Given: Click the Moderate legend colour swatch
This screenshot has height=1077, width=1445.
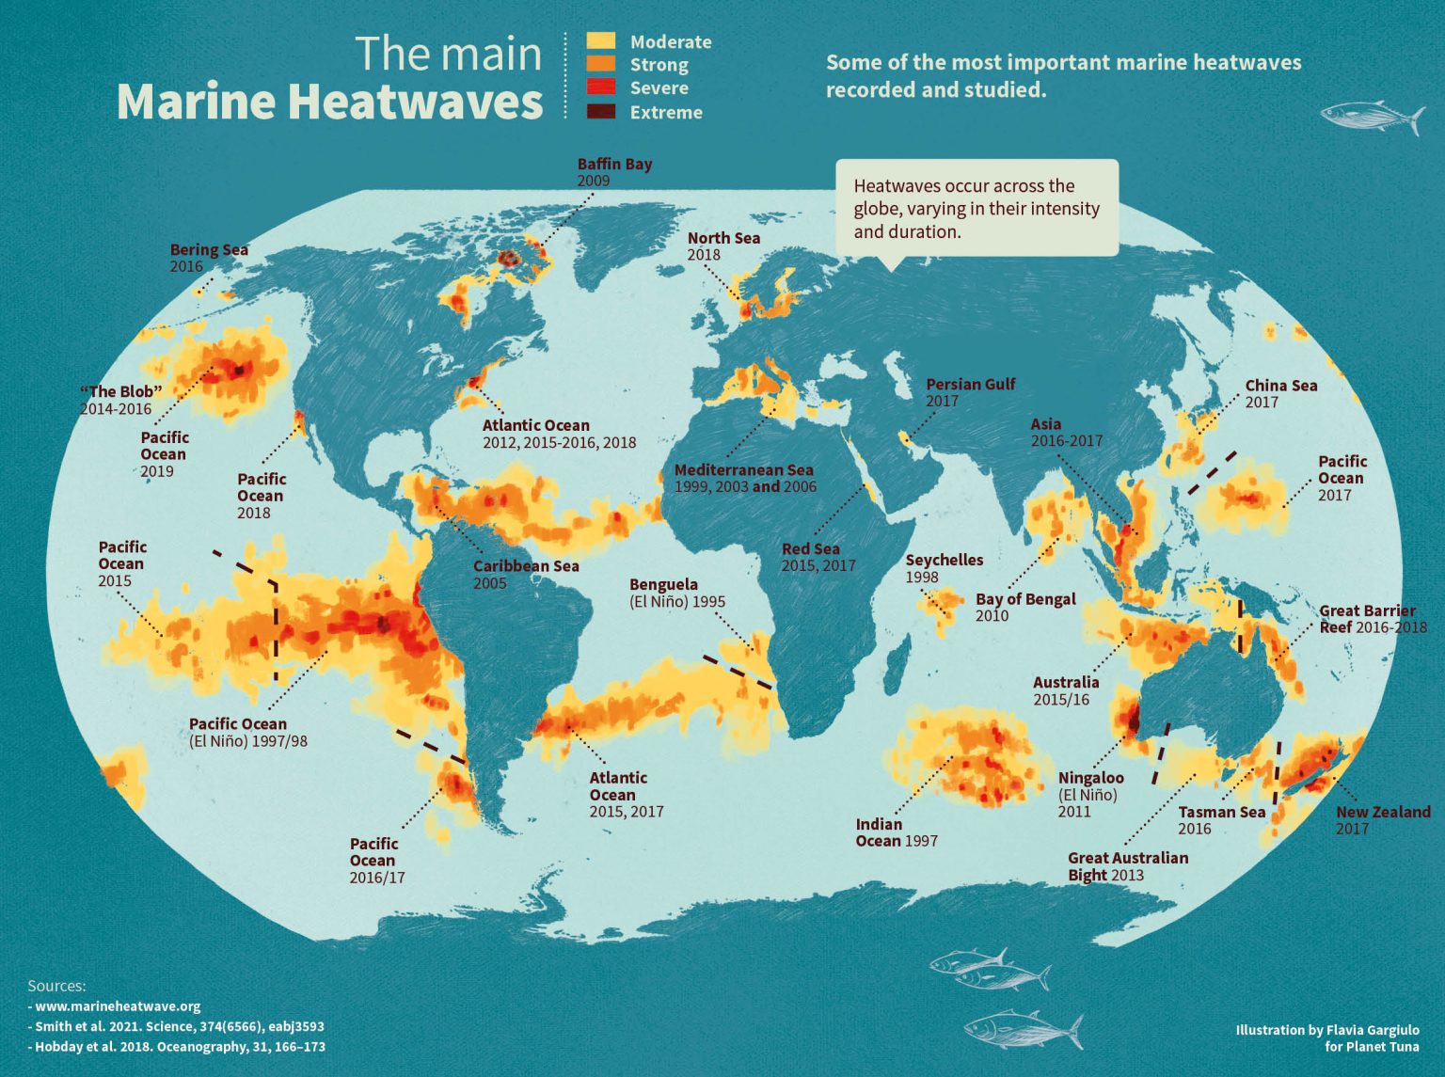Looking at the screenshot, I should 600,41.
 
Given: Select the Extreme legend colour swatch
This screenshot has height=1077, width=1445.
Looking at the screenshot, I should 600,112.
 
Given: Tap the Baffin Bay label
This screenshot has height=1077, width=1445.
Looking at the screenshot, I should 614,165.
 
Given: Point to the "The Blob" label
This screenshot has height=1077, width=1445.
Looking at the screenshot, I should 120,392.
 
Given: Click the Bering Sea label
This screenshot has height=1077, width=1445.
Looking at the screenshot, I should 209,250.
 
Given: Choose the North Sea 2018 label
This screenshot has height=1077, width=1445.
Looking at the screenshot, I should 722,245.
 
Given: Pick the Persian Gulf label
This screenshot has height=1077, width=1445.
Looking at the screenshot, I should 970,385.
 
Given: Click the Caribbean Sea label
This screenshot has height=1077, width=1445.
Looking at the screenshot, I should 525,566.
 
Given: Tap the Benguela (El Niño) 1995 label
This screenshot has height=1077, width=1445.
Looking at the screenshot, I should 676,593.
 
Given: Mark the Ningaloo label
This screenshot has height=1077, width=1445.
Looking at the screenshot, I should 1090,778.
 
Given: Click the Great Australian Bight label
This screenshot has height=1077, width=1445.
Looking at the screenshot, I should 1127,858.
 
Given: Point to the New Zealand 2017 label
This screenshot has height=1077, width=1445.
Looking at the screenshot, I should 1382,819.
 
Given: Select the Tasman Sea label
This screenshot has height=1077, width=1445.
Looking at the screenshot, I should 1221,813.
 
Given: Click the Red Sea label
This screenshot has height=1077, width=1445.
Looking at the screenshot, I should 811,549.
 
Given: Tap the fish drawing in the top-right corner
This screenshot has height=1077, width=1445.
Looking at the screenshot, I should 1372,117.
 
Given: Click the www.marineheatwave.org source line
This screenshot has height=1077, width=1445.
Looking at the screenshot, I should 118,1006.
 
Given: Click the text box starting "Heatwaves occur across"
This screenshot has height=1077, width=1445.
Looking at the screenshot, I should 977,208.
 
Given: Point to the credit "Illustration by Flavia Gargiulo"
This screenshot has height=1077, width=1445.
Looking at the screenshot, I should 1326,1030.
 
